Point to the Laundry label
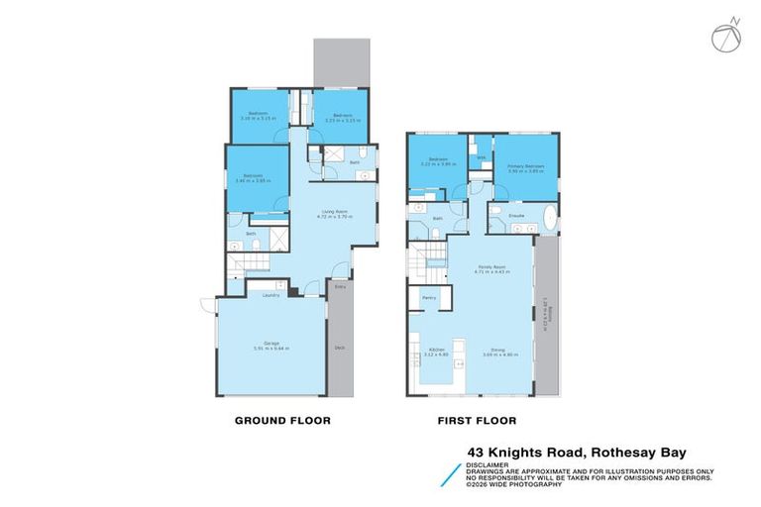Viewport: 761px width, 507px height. (271, 295)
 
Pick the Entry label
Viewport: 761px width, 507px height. (339, 287)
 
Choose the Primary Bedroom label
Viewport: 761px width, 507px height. (525, 166)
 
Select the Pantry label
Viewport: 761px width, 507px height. (429, 297)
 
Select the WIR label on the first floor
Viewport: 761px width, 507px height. (482, 156)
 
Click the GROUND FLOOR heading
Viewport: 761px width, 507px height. (281, 421)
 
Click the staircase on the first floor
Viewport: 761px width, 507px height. (426, 260)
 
